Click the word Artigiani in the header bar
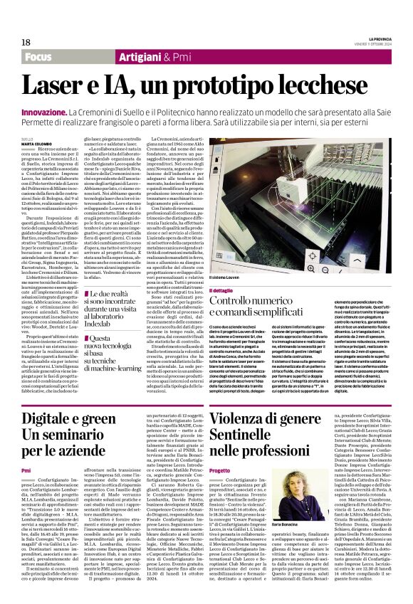click(120, 57)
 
